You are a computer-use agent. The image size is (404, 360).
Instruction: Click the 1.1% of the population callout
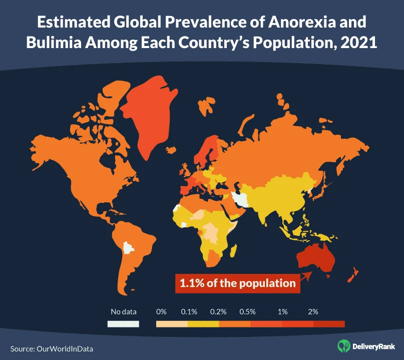[235, 283]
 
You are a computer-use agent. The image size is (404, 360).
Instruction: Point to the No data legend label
[123, 311]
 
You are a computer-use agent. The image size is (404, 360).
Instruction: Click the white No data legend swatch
[123, 324]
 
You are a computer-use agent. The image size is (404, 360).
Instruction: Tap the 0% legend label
[161, 311]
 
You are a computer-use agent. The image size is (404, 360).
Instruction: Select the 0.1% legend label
[189, 311]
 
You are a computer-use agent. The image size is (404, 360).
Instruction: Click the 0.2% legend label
[219, 311]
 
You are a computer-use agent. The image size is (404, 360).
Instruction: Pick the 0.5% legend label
[247, 311]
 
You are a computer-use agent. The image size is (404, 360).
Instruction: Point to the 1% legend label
[282, 311]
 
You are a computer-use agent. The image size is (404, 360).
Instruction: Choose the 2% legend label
[313, 311]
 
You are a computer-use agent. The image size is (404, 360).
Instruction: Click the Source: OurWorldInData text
[52, 348]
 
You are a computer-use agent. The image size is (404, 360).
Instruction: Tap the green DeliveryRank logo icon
[343, 345]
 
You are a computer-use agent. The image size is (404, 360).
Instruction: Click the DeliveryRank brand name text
[373, 346]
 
